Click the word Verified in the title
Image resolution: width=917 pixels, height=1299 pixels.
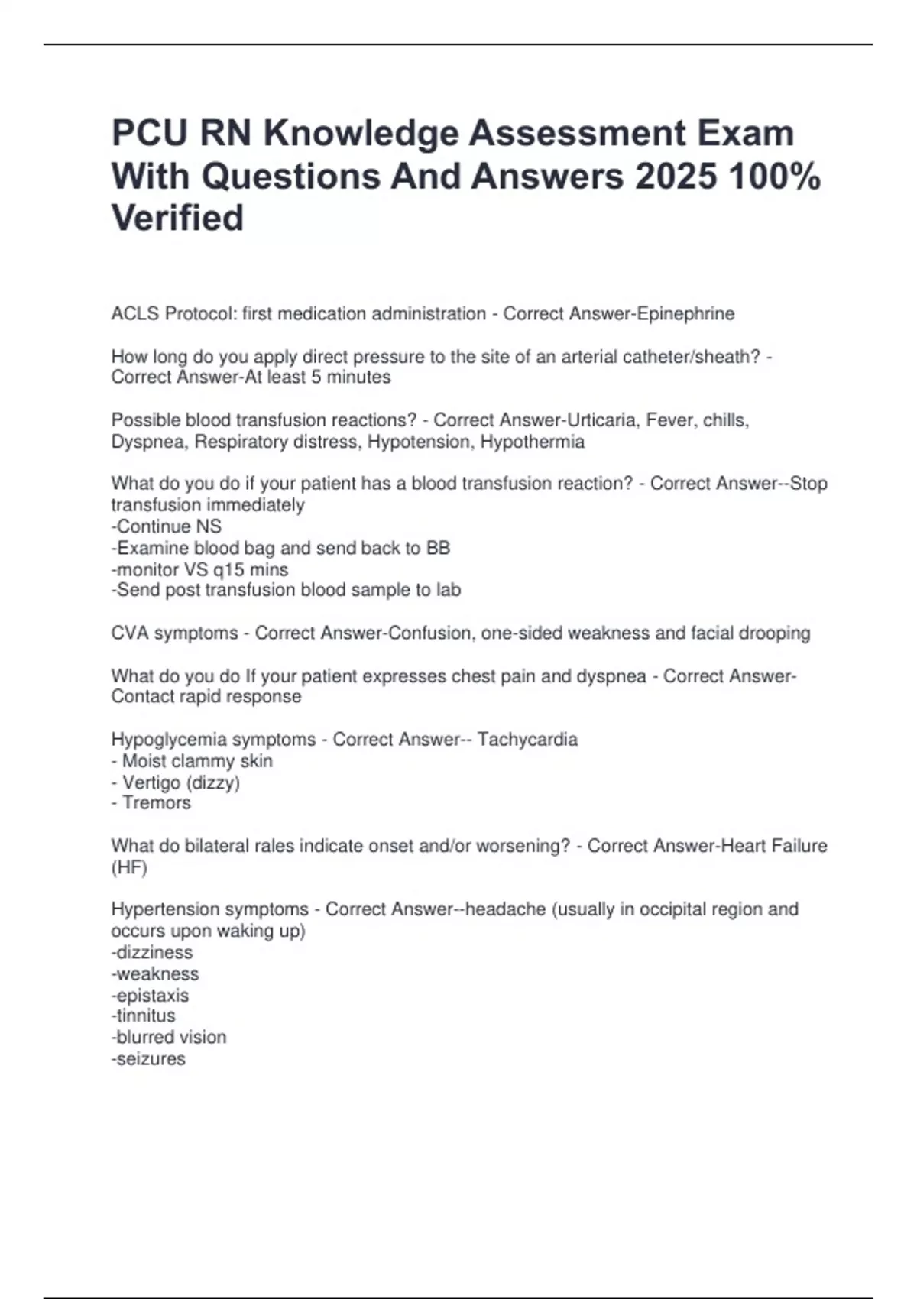[x=177, y=218]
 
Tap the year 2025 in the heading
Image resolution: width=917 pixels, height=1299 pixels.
[x=676, y=177]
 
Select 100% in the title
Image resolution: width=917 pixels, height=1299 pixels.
[x=775, y=177]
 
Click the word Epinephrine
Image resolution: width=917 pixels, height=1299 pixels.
[x=685, y=314]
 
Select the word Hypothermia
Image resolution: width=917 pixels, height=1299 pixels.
[x=532, y=442]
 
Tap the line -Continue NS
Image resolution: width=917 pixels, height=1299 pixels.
[x=167, y=526]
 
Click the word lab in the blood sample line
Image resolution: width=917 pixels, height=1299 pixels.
[x=449, y=590]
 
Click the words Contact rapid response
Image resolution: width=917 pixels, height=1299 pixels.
[x=206, y=697]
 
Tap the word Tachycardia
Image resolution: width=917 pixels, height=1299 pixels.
[x=527, y=740]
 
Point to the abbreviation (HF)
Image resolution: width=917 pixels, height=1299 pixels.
[x=129, y=867]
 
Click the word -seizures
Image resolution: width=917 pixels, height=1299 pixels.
[x=148, y=1059]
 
